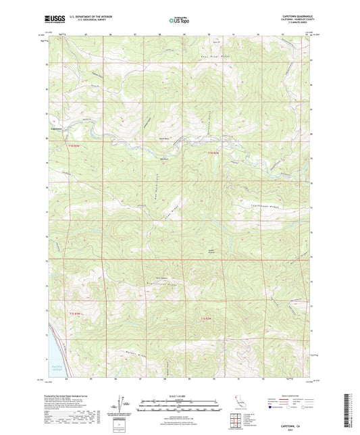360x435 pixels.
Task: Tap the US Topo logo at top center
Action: click(x=179, y=20)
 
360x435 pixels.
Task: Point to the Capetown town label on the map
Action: click(x=56, y=130)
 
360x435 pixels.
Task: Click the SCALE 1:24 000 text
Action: click(x=180, y=394)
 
